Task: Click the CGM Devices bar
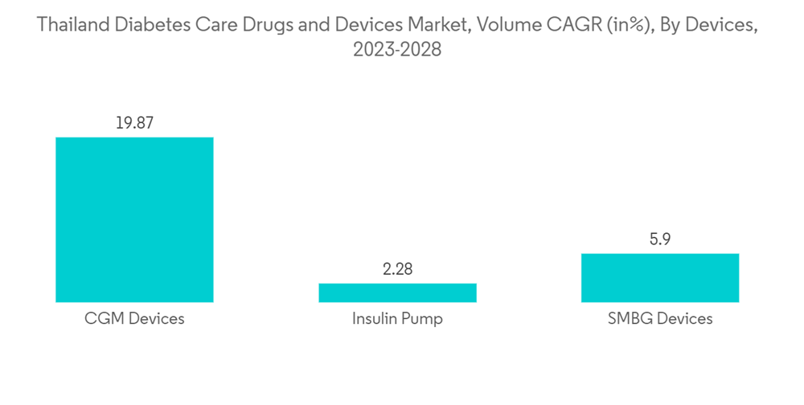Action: point(134,219)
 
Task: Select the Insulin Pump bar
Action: point(397,292)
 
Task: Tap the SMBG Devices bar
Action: point(660,278)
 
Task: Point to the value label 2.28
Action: point(397,269)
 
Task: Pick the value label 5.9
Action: point(660,239)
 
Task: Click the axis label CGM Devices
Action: point(134,319)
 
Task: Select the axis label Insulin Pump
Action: point(397,319)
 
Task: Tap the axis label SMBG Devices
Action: point(660,319)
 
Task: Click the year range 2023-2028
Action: point(397,50)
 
